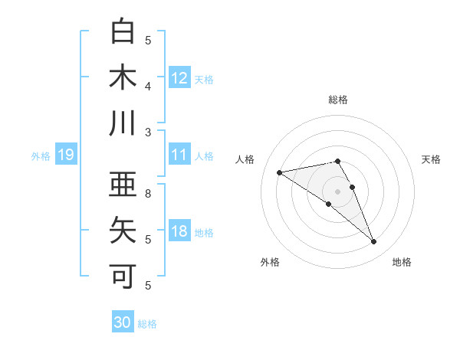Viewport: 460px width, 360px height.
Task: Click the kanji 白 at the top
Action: [x=123, y=31]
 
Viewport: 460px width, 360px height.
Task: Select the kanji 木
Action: [x=123, y=77]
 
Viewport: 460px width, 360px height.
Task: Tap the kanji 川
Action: [x=123, y=123]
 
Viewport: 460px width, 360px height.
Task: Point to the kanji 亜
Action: [x=123, y=184]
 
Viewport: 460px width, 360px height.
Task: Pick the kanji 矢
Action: [x=123, y=230]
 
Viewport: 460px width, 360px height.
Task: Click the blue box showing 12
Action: [x=179, y=77]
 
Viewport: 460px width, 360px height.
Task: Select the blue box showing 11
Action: [x=179, y=155]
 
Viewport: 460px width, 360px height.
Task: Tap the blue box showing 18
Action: [x=179, y=232]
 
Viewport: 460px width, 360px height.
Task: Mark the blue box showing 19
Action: [x=65, y=155]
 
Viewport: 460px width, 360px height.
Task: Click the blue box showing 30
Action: [x=123, y=322]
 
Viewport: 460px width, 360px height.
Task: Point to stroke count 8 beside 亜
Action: [x=148, y=194]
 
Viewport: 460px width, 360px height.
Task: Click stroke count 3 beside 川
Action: [x=148, y=133]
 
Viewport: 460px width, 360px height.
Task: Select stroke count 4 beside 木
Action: [x=148, y=87]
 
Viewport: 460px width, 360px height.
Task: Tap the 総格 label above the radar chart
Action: [x=338, y=100]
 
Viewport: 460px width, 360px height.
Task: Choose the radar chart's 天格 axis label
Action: [x=431, y=159]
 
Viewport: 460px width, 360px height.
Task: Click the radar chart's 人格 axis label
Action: [x=245, y=159]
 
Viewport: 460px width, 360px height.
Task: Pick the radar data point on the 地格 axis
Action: [x=374, y=242]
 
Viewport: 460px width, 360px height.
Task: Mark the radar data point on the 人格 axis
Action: [x=280, y=172]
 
